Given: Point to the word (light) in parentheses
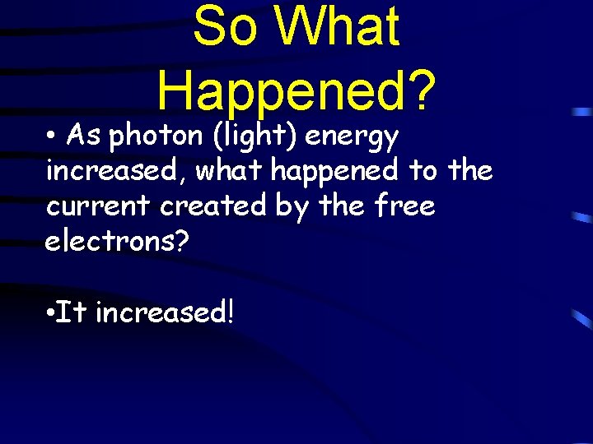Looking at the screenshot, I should tap(255, 134).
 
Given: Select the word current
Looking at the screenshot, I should tap(99, 206).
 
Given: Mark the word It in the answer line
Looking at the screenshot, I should tap(73, 312).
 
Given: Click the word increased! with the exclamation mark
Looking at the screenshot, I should tap(166, 312).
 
